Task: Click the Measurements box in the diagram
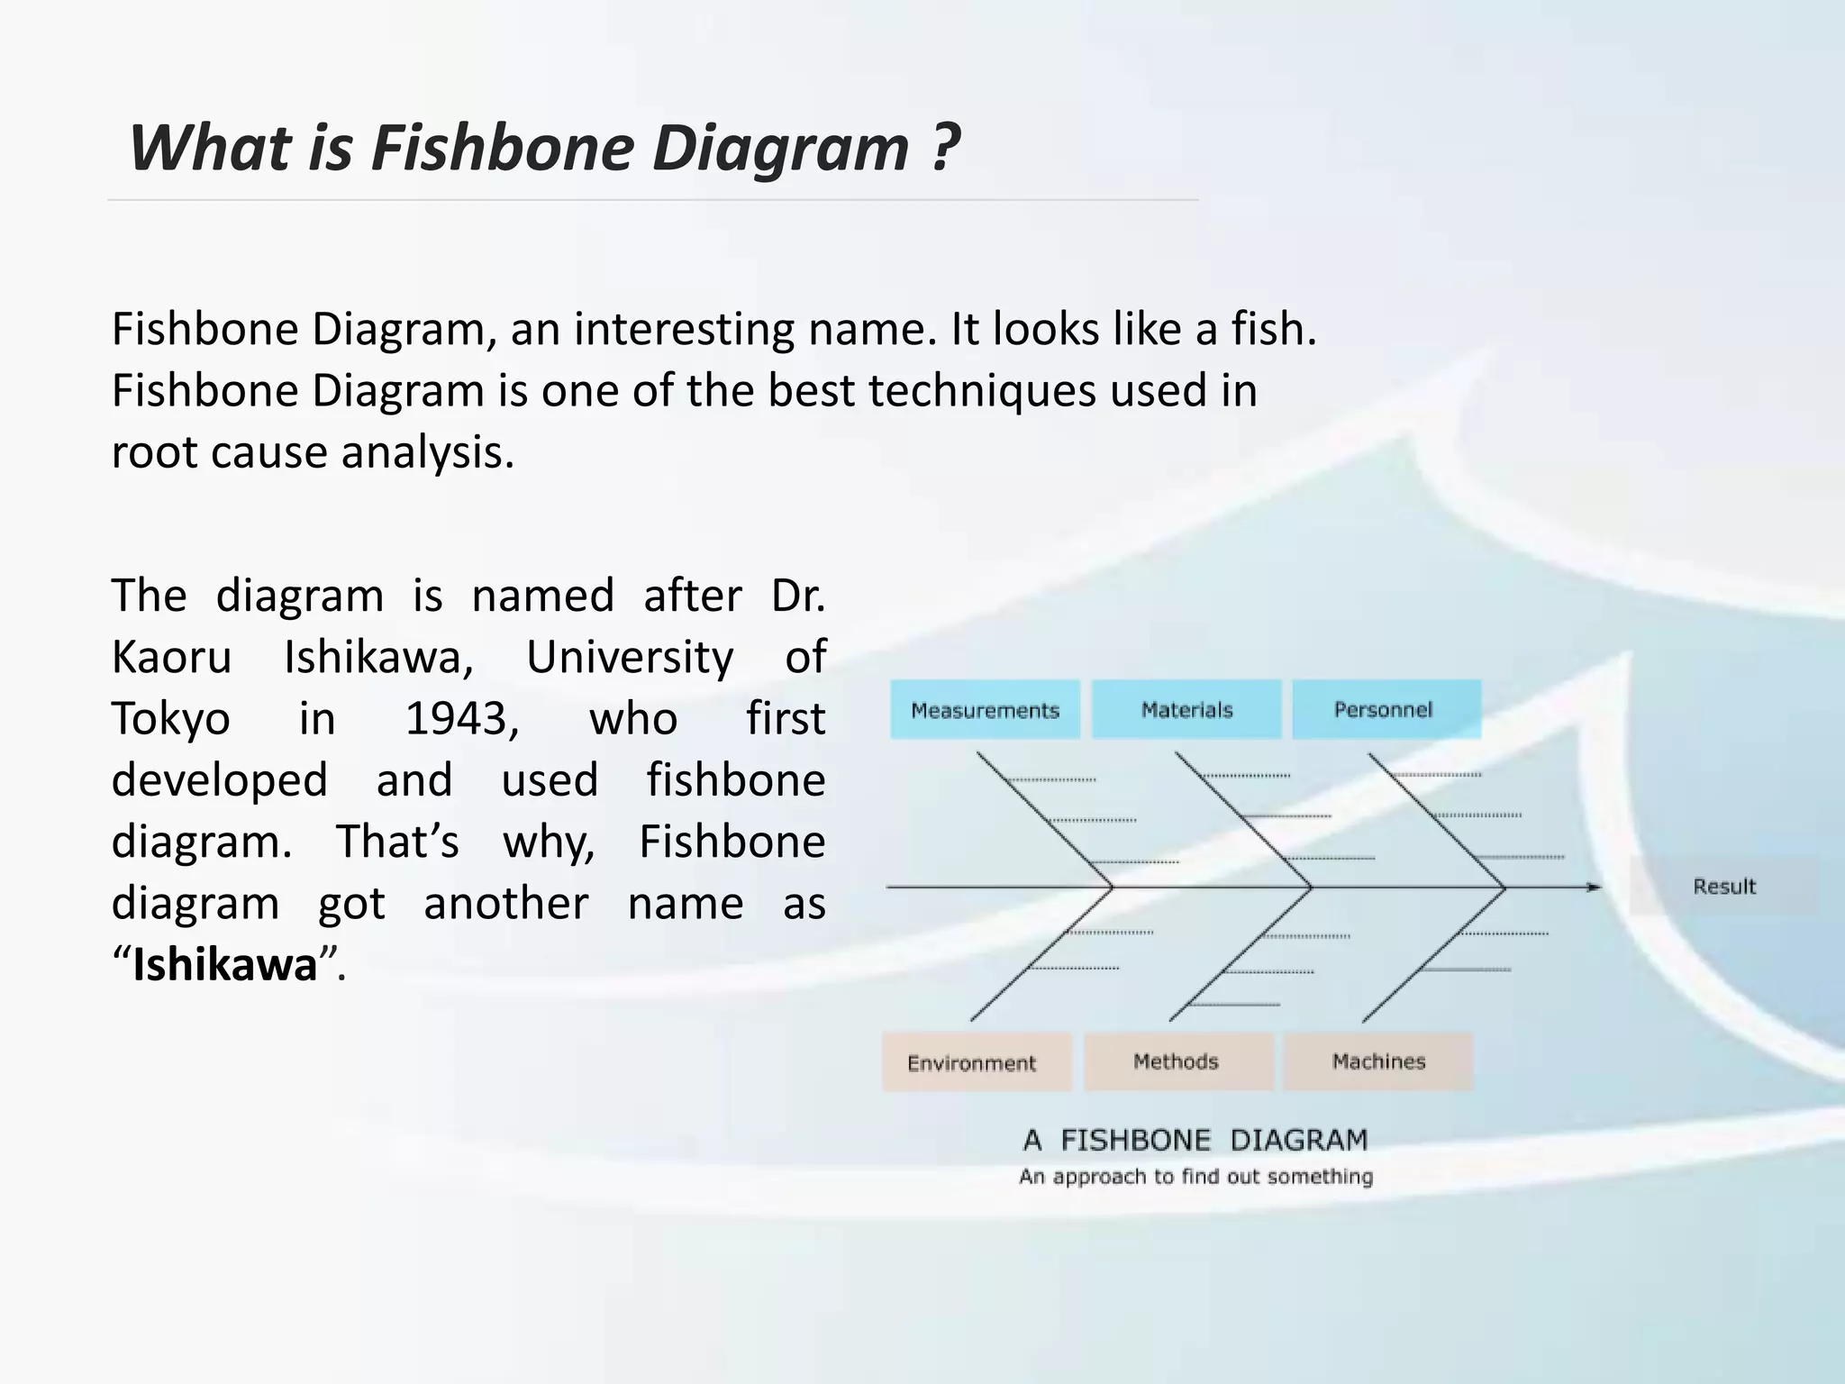coord(985,710)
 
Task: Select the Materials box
coord(1186,710)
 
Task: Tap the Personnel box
coord(1386,710)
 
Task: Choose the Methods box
coord(1177,1061)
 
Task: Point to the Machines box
coord(1378,1061)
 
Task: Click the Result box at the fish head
coord(1723,887)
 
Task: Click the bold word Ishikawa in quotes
coord(225,964)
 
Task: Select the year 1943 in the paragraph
coord(462,719)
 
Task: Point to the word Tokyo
coord(171,719)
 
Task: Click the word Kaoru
coord(171,657)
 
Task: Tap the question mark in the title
coord(942,147)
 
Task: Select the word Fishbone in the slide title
coord(503,147)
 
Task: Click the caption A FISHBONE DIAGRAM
coord(1195,1140)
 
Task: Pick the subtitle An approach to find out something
coord(1195,1177)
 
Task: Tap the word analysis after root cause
coord(427,452)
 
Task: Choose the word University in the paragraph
coord(630,657)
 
